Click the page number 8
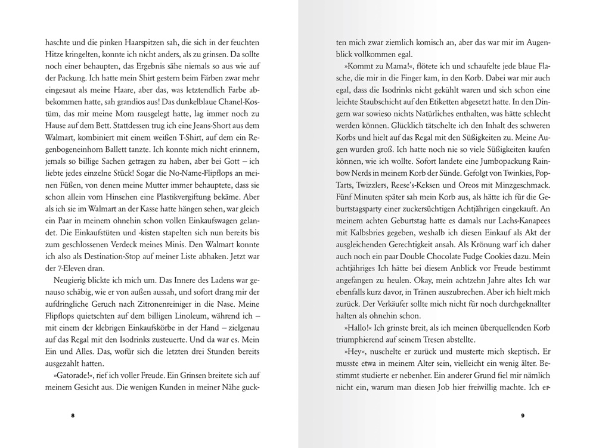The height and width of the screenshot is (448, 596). pos(73,415)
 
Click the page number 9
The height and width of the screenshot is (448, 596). pos(522,415)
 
